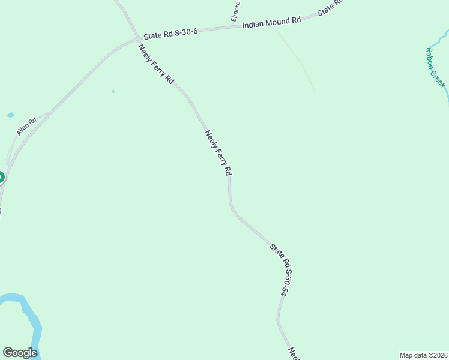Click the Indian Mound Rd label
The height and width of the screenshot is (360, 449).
271,23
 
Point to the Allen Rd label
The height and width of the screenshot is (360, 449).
26,127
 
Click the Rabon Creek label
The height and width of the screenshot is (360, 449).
436,67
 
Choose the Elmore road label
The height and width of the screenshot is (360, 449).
237,11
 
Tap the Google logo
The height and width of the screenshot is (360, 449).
20,353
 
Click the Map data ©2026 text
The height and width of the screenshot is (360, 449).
423,355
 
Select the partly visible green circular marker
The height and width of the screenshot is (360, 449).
1,178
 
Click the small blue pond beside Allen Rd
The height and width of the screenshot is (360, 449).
10,115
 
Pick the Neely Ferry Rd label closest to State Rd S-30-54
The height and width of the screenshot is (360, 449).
218,153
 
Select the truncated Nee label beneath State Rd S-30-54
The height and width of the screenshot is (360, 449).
294,354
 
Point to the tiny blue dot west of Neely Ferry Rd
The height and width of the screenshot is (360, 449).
113,91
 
